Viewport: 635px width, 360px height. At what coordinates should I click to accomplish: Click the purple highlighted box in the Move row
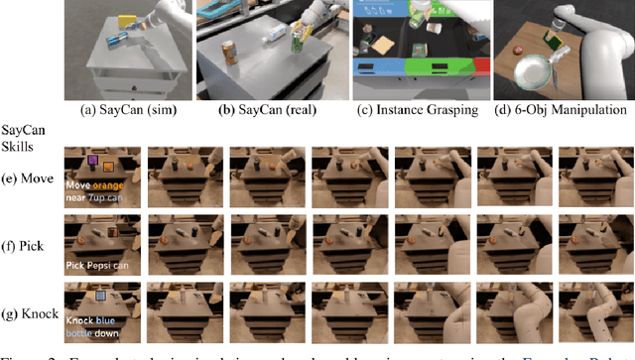tap(92, 159)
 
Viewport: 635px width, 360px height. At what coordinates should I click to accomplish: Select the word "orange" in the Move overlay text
tap(110, 184)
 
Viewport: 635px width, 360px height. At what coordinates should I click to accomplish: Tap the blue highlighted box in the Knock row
tap(100, 296)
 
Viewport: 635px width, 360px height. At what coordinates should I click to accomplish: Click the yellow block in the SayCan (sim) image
tap(126, 22)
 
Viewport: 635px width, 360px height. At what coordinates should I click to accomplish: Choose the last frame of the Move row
tap(596, 178)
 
